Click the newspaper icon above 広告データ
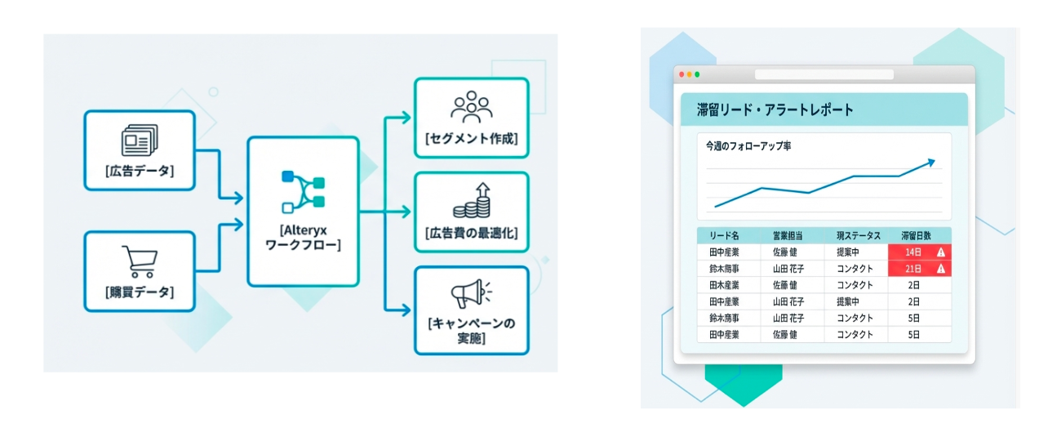point(140,140)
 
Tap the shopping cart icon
point(140,261)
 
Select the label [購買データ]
point(140,292)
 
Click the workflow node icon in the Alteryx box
point(303,191)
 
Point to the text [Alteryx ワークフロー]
point(303,238)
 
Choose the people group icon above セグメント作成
point(471,106)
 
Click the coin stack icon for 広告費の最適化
point(471,201)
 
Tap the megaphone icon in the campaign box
point(471,294)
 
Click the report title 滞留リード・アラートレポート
point(775,109)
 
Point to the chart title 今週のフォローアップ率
point(748,146)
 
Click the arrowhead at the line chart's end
point(930,163)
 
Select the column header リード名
point(724,235)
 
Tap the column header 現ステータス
point(858,235)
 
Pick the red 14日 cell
point(912,252)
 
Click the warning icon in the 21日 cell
point(941,269)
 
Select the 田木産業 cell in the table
point(724,285)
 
